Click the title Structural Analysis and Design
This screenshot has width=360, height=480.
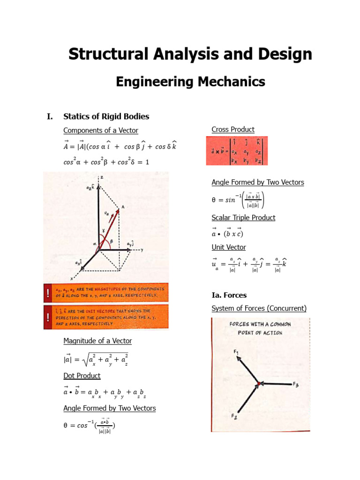point(190,54)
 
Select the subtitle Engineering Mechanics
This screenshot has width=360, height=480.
point(190,82)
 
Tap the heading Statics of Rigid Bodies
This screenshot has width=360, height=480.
point(106,116)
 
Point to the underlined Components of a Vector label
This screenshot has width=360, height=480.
point(101,130)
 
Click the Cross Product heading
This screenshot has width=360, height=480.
point(233,129)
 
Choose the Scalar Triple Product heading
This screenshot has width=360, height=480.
point(243,217)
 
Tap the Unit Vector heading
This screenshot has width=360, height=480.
point(228,247)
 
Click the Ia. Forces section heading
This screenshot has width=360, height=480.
point(229,295)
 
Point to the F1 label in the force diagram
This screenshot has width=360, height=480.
point(235,352)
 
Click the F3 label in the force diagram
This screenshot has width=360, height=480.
point(296,385)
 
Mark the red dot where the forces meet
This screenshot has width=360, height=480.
point(257,384)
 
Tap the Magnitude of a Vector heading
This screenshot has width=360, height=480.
point(97,341)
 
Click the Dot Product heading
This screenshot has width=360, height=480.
point(82,375)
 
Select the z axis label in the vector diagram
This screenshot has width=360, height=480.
point(101,177)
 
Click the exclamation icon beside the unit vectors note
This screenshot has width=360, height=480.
point(48,317)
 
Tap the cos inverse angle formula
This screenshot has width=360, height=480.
point(90,426)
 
